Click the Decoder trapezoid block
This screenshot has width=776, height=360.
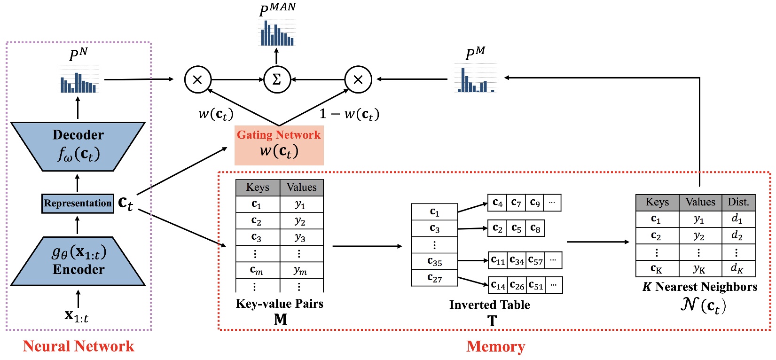pos(78,146)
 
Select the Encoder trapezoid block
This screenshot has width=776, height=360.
pos(78,261)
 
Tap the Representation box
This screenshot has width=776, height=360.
pos(78,203)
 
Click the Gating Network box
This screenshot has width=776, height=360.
pos(279,145)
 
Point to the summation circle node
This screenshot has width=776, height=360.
pos(277,79)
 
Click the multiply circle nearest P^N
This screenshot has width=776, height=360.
pos(197,79)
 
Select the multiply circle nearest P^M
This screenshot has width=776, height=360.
pos(358,79)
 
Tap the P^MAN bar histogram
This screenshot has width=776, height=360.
pos(277,33)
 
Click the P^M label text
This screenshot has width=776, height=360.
pos(475,54)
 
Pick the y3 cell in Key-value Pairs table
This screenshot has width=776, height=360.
pos(300,237)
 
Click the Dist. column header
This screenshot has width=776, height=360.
pos(738,202)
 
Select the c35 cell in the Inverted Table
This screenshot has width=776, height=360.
pos(434,261)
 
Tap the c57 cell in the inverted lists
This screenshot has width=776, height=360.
pos(535,260)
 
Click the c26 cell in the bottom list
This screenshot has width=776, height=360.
pos(517,285)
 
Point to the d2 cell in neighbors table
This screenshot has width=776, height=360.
pos(737,235)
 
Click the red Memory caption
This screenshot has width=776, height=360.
pos(495,346)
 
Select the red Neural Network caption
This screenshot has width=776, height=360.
pos(78,346)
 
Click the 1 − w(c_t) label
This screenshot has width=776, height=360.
pos(349,114)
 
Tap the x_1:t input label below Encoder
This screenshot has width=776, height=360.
pos(77,316)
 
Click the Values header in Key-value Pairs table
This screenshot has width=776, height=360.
pos(301,188)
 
